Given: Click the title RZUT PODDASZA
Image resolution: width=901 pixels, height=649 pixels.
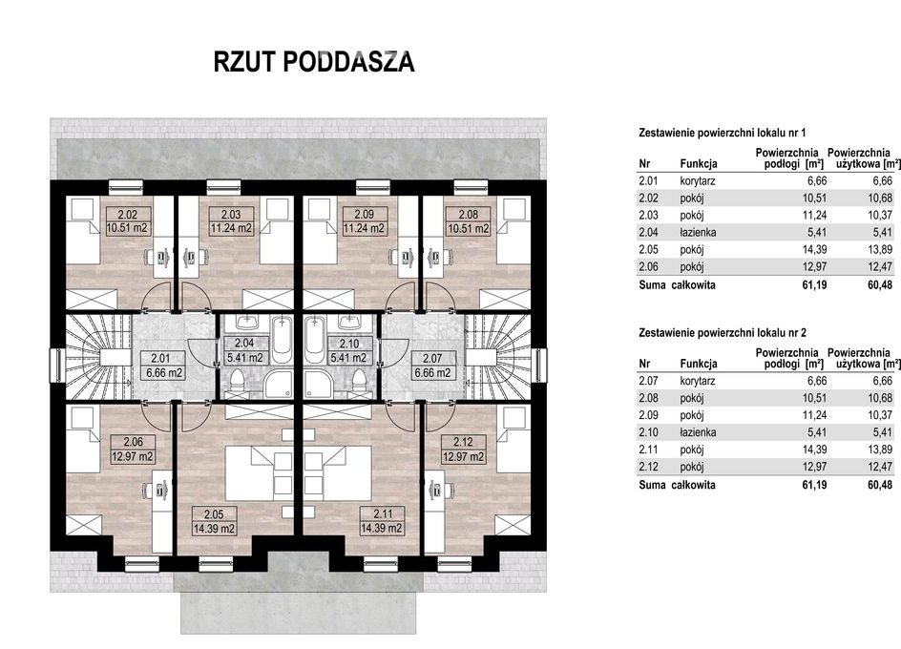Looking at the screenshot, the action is [314, 61].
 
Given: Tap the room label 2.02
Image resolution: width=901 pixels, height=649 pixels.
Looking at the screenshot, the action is [127, 221].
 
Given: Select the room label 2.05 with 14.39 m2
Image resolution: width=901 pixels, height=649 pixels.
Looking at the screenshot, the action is [214, 521].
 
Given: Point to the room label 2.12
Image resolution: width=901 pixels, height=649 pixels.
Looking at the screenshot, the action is [463, 449].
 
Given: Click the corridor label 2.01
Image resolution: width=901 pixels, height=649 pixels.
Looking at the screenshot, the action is [164, 365].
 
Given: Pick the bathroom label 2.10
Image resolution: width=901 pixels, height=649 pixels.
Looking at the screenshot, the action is [348, 350].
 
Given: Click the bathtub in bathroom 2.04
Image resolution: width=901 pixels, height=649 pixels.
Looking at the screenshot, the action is [282, 339].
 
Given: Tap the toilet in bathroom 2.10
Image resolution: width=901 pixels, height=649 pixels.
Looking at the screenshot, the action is [360, 381].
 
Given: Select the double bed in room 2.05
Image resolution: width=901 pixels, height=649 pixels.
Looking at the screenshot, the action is [258, 473].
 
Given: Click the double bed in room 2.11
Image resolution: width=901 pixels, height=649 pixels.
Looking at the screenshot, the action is [338, 473].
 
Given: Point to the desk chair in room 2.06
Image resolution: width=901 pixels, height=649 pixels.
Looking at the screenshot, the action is [148, 491].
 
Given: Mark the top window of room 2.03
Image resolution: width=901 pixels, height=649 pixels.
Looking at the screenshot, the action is [223, 186].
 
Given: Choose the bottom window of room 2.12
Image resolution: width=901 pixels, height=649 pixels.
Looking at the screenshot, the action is [454, 564].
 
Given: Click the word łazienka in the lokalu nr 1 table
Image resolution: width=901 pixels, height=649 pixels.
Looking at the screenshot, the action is [698, 233].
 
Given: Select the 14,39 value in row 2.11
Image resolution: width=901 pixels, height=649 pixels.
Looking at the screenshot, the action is [814, 450].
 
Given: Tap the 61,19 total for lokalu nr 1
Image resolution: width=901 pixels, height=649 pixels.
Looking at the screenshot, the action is [814, 284].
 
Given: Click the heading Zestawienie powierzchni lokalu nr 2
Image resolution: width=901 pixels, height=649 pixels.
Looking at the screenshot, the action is [723, 333].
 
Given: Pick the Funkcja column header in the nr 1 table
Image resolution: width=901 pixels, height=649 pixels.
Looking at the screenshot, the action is [699, 164].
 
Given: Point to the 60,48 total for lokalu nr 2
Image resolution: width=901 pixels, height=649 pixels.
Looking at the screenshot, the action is [880, 485].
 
